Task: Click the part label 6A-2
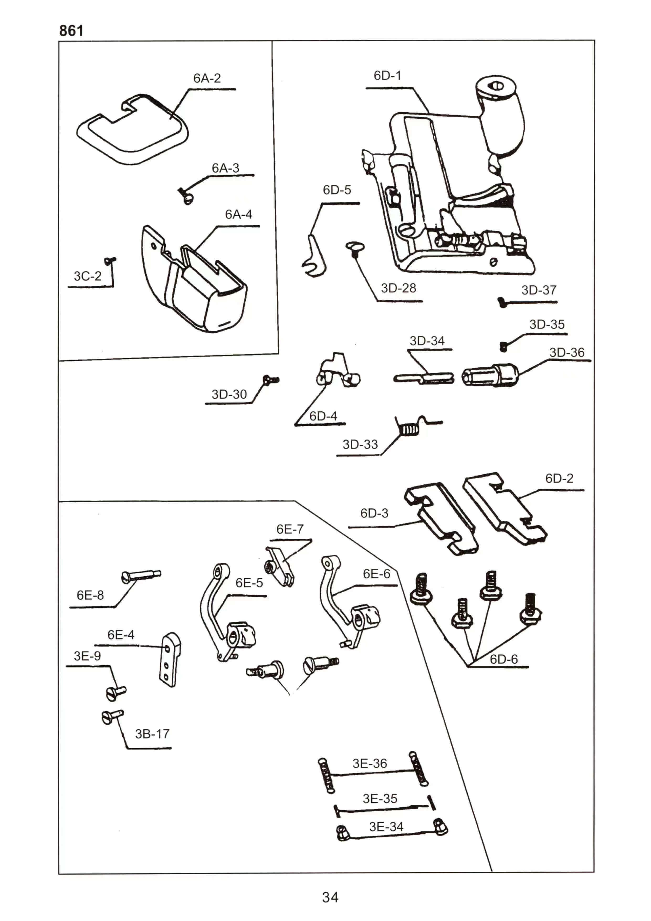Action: click(207, 78)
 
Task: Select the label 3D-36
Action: click(567, 353)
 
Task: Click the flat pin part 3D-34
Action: click(424, 378)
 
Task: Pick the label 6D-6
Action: click(503, 659)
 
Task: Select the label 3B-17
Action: click(152, 734)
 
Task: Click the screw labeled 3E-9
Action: click(116, 692)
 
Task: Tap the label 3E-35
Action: click(380, 799)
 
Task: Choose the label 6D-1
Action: click(387, 75)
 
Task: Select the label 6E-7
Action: click(290, 530)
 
